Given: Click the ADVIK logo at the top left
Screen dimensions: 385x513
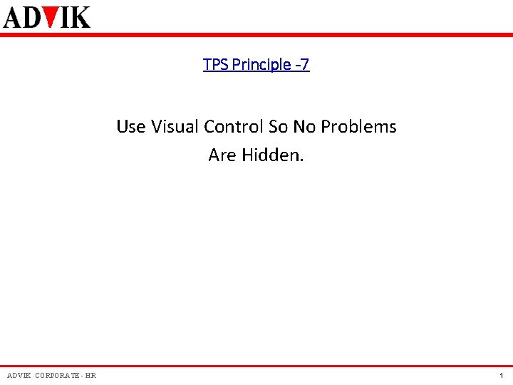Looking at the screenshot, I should coord(47,16).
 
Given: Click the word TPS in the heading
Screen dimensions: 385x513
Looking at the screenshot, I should coord(213,65).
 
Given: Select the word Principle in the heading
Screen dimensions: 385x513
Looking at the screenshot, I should coord(257,65).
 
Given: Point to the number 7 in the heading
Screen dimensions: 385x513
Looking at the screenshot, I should coord(305,65).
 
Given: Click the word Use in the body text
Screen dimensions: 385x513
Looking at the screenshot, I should coord(131,127).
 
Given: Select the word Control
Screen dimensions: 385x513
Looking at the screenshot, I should coord(234,127).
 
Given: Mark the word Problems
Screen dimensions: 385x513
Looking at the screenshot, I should coord(358,127).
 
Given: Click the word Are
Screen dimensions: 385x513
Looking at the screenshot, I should coord(222,155).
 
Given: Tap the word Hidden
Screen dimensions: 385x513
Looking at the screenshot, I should coord(272,155).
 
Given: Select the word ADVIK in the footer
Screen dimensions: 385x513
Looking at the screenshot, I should coord(19,376).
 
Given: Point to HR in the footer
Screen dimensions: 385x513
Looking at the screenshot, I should coord(90,376).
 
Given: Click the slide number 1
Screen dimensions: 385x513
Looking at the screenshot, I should coord(502,376).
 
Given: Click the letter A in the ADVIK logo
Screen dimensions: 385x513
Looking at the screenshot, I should coord(14,16).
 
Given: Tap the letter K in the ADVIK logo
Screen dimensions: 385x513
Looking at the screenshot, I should coord(80,16).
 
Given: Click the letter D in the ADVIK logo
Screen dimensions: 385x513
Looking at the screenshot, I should coord(34,16).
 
